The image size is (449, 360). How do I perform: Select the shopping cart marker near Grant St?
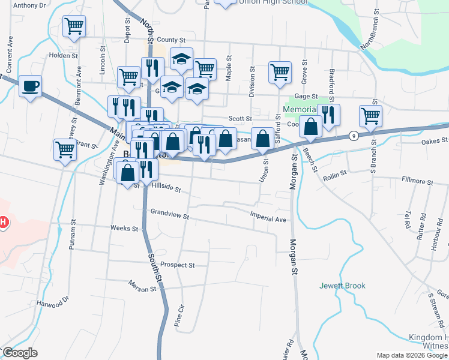65,150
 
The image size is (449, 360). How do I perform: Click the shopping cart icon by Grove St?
280,72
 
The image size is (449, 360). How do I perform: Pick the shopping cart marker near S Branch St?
371,115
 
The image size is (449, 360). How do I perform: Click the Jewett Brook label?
342,286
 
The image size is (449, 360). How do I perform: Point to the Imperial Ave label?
268,220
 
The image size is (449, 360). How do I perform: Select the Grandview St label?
170,212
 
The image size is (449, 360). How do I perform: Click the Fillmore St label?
418,181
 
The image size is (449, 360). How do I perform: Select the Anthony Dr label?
29,5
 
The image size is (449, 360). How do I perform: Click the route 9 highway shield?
354,136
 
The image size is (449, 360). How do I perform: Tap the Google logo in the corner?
20,353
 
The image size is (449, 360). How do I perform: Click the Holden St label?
64,55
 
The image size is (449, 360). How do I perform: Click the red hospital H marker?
3,223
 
